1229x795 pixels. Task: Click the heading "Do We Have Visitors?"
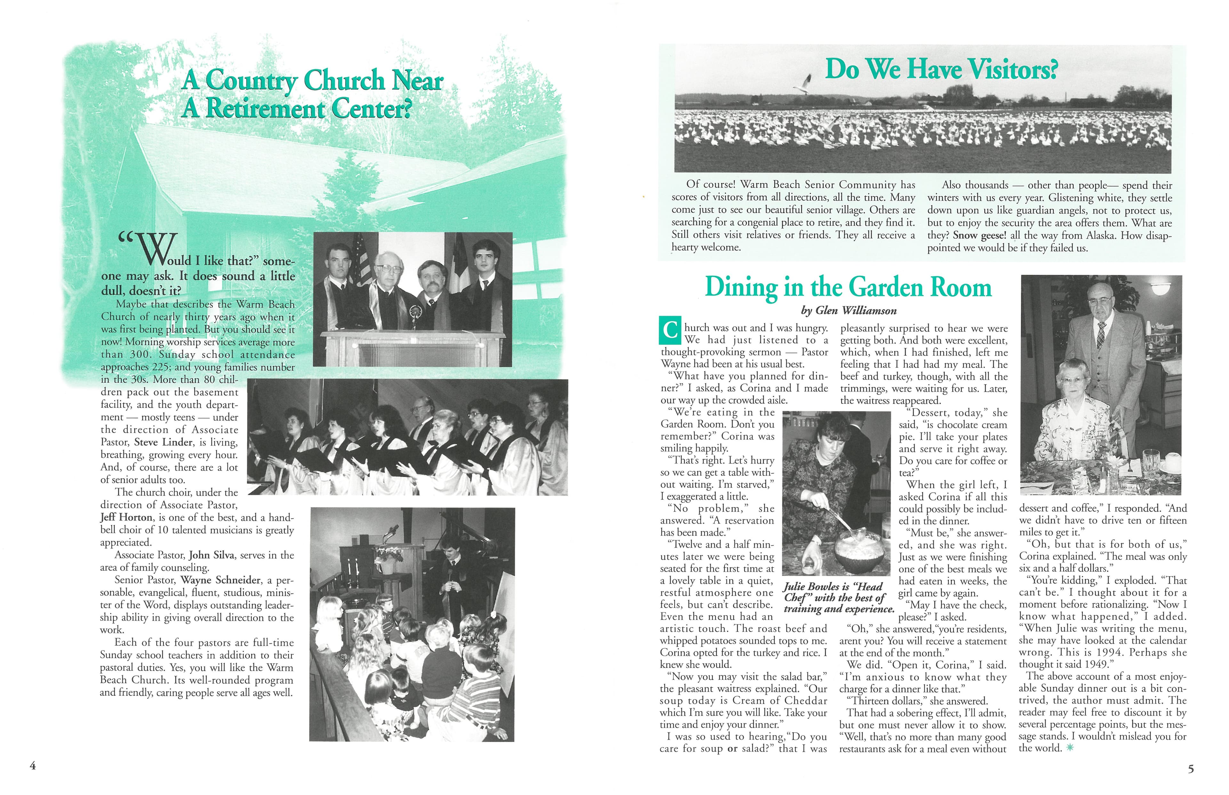[x=941, y=69]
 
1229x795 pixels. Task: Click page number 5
[x=1191, y=769]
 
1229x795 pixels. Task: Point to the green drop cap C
[x=670, y=331]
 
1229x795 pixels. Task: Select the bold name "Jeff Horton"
[x=126, y=517]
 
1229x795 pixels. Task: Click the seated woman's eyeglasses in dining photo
[x=1072, y=381]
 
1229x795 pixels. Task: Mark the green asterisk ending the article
[x=1069, y=748]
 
